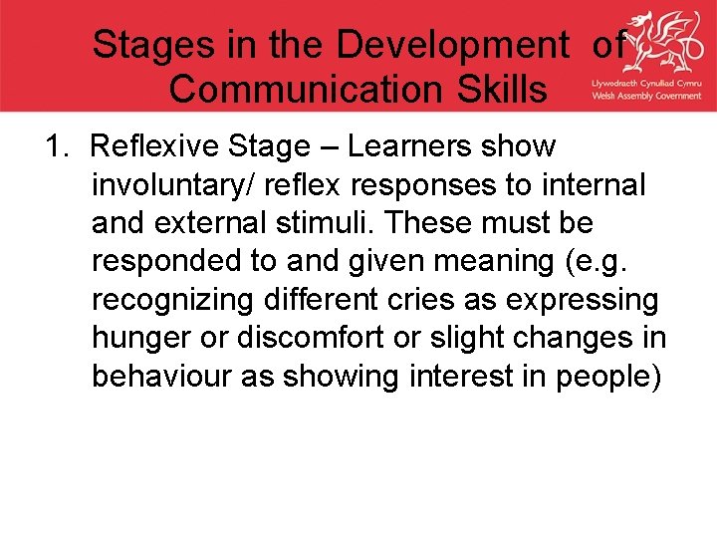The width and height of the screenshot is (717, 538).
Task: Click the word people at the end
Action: (608, 376)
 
